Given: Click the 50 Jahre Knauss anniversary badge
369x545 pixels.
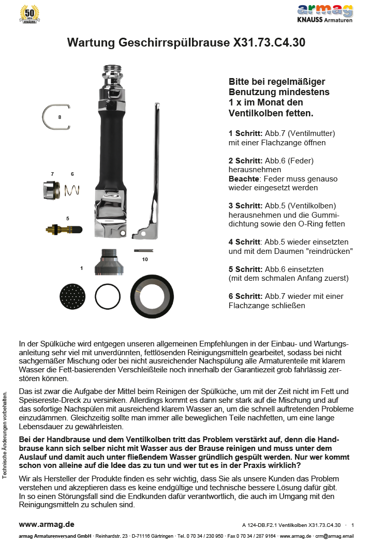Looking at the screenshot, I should point(30,14).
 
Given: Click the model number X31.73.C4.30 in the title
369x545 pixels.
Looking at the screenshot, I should point(264,43).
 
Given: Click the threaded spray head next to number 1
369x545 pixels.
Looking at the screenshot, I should point(109,262).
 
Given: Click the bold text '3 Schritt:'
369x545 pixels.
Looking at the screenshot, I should point(245,205).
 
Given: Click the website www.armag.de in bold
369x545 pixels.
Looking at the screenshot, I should point(47,524).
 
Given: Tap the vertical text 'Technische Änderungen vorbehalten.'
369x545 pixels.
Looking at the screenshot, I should point(5,434).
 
